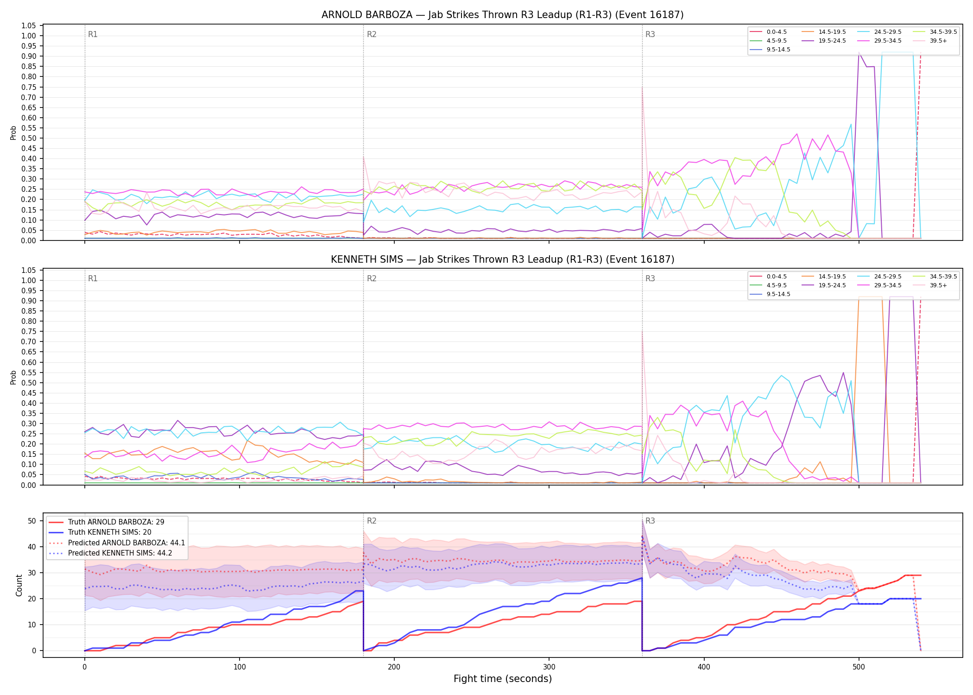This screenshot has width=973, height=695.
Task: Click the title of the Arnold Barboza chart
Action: (502, 15)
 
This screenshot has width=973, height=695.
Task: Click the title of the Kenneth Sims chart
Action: (502, 259)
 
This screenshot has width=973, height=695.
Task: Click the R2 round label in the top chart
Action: (372, 34)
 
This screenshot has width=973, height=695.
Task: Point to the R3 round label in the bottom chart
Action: (650, 521)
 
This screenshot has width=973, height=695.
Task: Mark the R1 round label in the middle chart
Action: (93, 278)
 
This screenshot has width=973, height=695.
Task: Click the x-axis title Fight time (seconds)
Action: (503, 679)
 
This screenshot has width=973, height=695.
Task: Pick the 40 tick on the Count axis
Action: (32, 547)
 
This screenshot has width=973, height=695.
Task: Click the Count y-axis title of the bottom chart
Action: (19, 585)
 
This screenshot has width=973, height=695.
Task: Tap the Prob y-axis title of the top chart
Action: (13, 133)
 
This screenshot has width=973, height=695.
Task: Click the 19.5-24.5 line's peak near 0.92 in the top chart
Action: (859, 52)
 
